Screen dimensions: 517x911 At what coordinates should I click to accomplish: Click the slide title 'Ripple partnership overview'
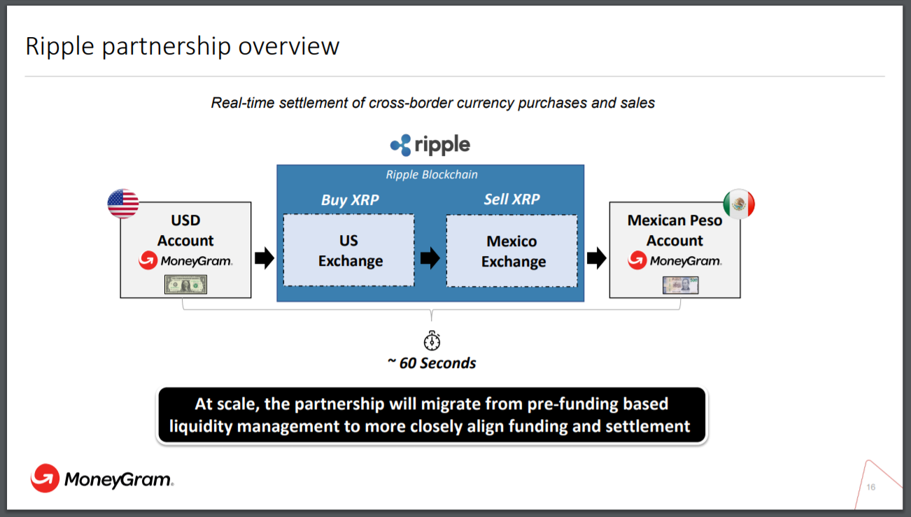[182, 46]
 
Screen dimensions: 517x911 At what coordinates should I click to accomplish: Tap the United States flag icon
[123, 204]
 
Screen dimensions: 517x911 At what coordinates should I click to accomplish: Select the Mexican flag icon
[739, 204]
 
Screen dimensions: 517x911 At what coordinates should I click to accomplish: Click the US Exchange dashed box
[349, 250]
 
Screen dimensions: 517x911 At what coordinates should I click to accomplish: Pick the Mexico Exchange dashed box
[512, 251]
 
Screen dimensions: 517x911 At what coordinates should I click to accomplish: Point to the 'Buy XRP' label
[350, 200]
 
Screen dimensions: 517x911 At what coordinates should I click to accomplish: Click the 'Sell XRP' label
[511, 199]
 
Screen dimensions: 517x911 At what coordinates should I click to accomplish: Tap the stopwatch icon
[432, 340]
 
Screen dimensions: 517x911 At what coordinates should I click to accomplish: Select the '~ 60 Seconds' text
[432, 363]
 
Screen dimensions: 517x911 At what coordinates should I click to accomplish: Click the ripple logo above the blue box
[430, 146]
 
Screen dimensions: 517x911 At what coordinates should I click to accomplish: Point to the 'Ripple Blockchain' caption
[432, 175]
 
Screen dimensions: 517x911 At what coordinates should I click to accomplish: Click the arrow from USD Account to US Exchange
[264, 258]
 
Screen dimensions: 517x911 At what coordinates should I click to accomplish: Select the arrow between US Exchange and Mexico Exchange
[430, 258]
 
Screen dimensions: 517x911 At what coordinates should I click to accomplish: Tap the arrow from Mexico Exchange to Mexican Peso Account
[596, 258]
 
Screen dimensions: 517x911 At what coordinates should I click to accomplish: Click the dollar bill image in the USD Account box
[186, 284]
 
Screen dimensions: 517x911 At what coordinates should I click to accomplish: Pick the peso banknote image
[680, 285]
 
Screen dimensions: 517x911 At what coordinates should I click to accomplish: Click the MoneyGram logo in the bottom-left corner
[102, 479]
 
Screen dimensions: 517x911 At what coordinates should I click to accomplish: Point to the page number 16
[870, 487]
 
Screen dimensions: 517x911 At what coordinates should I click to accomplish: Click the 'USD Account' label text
[185, 230]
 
